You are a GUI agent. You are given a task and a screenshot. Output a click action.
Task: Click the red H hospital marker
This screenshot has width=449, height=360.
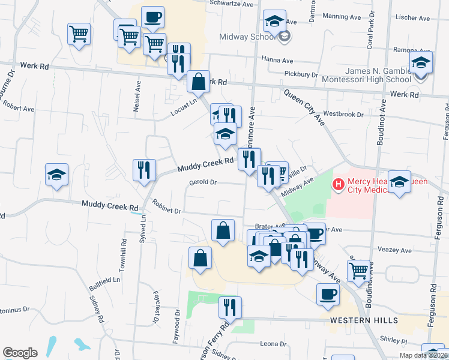point(339,184)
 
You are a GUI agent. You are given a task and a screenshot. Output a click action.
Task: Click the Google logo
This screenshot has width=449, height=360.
point(20,353)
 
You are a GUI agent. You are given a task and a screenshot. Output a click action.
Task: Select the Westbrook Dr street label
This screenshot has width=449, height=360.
point(343,114)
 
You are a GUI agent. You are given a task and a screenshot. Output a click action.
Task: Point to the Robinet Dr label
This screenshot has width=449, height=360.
point(166,211)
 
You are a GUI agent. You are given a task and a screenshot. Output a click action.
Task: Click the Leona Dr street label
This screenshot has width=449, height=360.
point(273,344)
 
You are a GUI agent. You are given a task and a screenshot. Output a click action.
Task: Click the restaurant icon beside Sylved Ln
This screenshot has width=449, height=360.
point(145,170)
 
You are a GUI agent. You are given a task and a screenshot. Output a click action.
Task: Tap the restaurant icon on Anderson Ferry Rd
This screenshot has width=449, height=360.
point(230,307)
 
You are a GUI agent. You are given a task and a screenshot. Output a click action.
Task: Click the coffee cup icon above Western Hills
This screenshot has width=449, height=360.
point(328,294)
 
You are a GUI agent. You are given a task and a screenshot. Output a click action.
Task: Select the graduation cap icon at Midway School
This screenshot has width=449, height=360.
point(274,22)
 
